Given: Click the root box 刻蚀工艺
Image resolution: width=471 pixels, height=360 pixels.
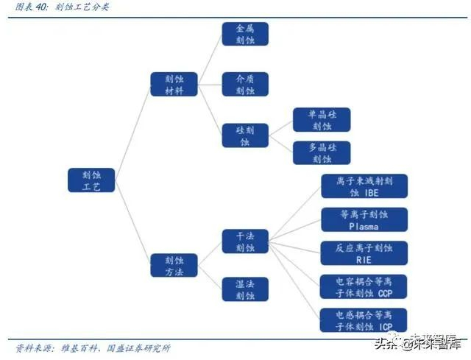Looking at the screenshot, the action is click(x=91, y=180).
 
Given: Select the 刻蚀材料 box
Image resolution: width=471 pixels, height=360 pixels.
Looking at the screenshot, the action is click(x=173, y=84).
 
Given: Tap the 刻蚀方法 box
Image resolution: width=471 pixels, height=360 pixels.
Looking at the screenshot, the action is click(x=173, y=266).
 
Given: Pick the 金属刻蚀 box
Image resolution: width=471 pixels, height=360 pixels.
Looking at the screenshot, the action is click(x=245, y=34).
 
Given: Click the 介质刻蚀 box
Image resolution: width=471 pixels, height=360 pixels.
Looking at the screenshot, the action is click(x=245, y=84).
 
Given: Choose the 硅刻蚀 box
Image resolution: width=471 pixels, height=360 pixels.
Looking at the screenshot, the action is click(x=245, y=135).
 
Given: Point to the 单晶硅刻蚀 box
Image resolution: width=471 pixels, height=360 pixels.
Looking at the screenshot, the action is click(x=322, y=120).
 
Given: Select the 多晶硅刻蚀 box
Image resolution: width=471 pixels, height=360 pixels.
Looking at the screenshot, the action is click(x=322, y=152).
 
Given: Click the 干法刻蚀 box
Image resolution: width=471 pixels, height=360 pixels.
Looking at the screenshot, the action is click(x=245, y=241).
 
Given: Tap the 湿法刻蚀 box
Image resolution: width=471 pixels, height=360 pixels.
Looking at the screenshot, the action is click(x=245, y=289).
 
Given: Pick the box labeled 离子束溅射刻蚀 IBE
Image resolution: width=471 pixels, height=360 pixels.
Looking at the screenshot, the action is click(x=364, y=186).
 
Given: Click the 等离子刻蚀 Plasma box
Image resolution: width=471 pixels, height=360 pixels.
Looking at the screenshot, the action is click(x=364, y=219).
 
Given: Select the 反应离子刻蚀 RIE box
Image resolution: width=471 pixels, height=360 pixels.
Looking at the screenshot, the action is click(x=364, y=253).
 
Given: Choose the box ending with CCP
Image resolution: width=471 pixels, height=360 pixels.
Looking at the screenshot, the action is click(x=364, y=286).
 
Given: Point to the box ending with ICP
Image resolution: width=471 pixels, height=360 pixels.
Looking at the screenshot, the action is click(x=364, y=320).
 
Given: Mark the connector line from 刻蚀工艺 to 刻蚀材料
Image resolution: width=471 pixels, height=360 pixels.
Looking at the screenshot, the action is click(x=132, y=133).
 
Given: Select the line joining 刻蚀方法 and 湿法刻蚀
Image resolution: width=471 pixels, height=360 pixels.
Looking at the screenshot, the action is click(x=210, y=278).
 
